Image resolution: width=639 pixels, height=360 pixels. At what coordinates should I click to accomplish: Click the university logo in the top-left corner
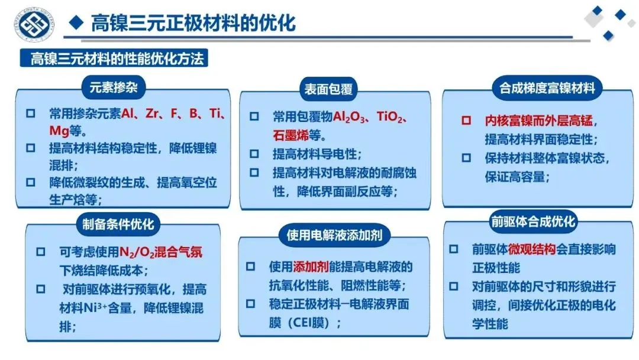[34, 24]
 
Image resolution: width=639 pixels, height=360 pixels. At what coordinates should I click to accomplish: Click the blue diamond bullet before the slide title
[76, 22]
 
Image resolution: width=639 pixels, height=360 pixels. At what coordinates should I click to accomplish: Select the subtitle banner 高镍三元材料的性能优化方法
[114, 58]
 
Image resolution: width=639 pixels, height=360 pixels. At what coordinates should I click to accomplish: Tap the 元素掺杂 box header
[114, 87]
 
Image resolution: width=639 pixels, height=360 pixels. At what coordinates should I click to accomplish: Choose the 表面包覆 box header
[328, 89]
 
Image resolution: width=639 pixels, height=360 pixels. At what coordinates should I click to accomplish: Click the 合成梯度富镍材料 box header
[547, 88]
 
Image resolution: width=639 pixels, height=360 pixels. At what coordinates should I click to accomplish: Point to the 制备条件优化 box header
[118, 224]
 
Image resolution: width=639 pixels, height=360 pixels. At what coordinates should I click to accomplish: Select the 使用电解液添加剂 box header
[334, 235]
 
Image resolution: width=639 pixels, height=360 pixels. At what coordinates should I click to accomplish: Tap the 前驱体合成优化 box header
[533, 221]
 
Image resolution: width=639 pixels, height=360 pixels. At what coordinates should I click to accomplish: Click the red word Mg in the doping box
[59, 131]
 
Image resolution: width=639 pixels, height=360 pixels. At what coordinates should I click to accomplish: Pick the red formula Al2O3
[348, 117]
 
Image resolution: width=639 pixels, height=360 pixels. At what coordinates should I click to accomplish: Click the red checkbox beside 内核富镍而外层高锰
[466, 120]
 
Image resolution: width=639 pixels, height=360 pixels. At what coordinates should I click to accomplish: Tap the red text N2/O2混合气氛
[160, 252]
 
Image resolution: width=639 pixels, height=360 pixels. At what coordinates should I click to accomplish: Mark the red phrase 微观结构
[532, 249]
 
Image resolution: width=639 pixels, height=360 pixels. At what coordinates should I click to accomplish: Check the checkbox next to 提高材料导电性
[254, 154]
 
